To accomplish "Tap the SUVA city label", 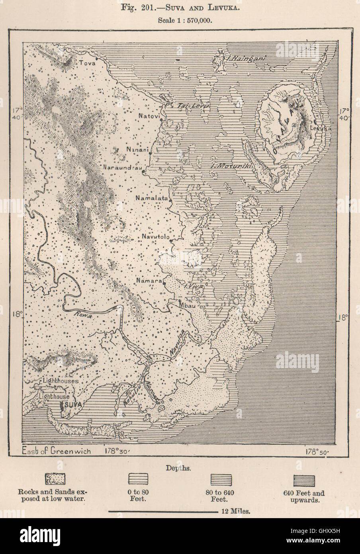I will pyautogui.click(x=73, y=405).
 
